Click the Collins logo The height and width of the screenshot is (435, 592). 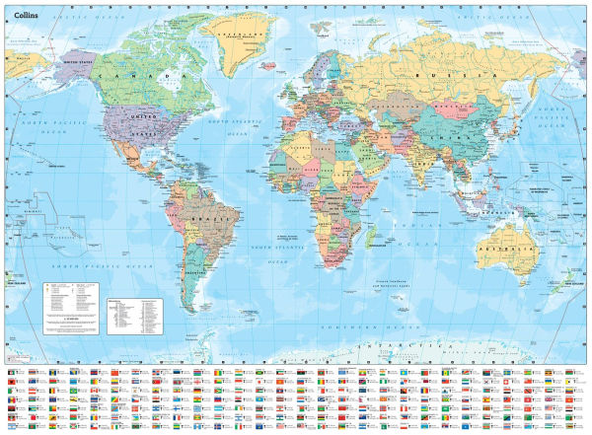pyautogui.click(x=26, y=14)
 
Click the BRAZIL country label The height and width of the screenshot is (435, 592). pyautogui.click(x=206, y=214)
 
